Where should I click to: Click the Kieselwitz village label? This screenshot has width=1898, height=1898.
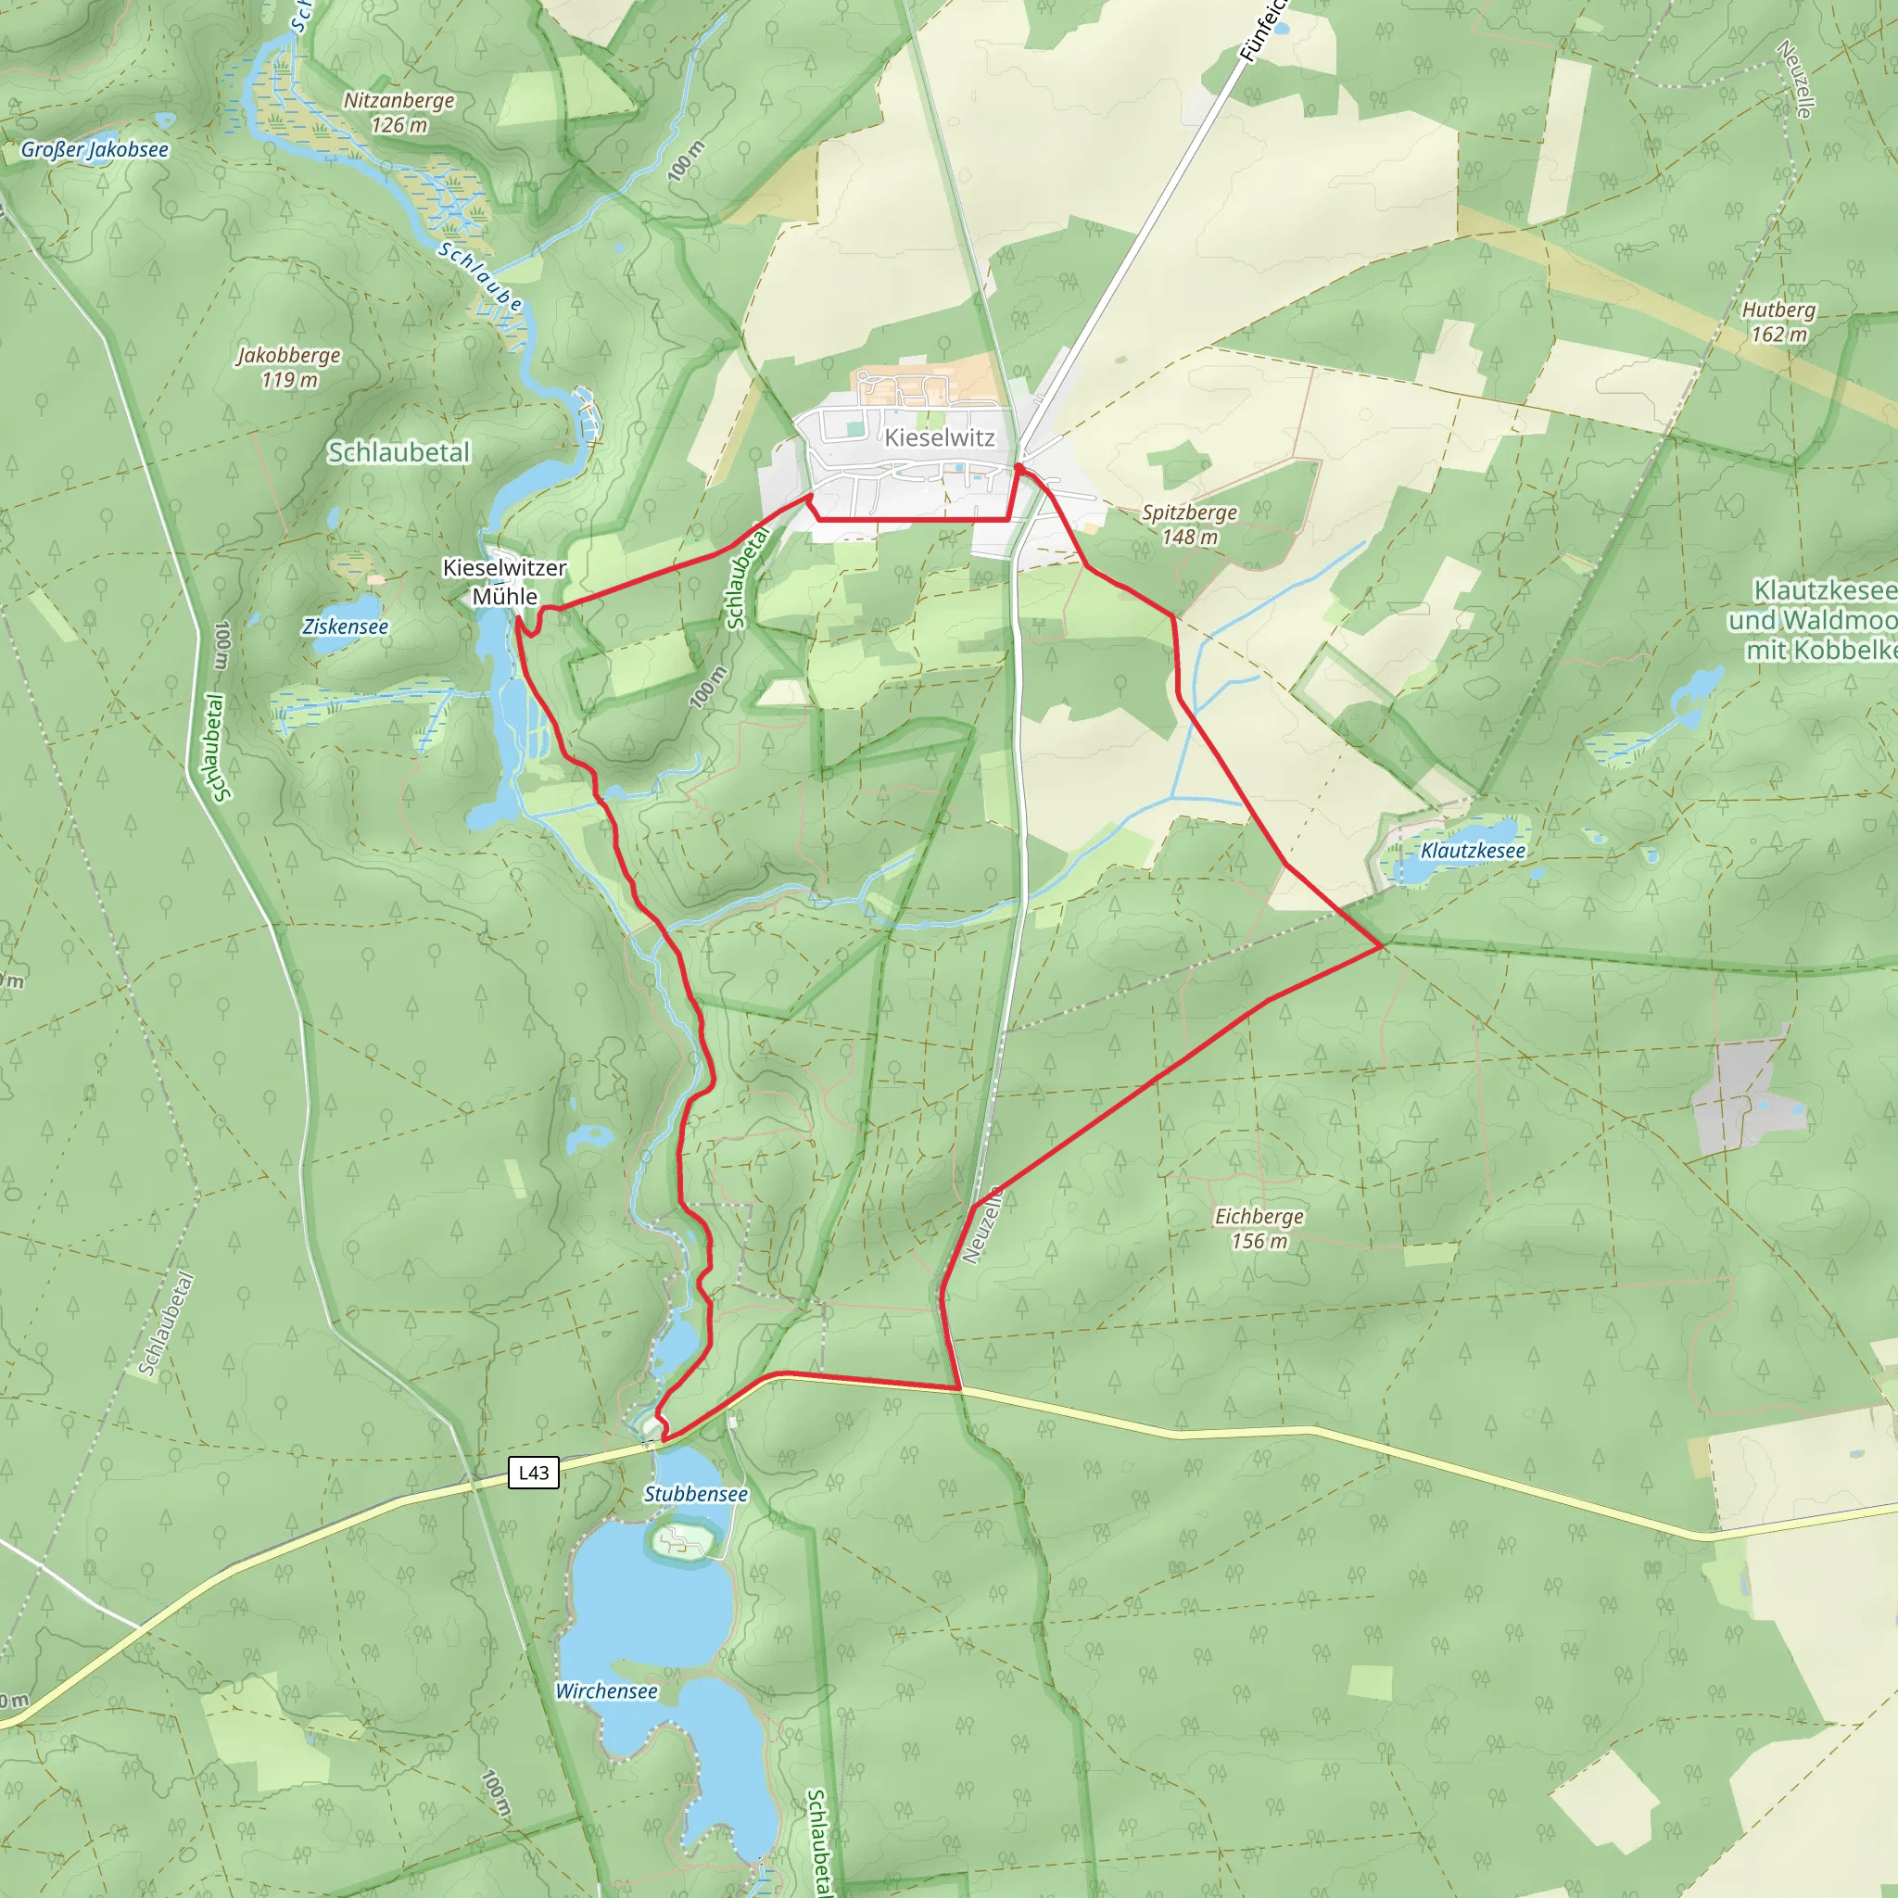tap(939, 438)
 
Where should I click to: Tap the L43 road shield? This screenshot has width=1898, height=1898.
tap(534, 1472)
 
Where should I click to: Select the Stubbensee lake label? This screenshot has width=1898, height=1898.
tap(696, 1494)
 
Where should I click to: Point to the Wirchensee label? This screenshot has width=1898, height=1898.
tap(606, 1690)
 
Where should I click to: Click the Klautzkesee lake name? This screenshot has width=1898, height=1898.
tap(1473, 851)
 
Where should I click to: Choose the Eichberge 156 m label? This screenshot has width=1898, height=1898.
tap(1259, 1228)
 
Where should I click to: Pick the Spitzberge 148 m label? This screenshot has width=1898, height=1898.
tap(1189, 525)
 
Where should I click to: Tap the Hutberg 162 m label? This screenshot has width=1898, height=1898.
tap(1778, 323)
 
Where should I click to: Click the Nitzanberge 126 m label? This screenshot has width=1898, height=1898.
tap(399, 112)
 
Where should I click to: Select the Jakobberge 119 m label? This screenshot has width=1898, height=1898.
tap(289, 366)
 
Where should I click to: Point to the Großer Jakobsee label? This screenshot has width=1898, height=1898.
tap(95, 150)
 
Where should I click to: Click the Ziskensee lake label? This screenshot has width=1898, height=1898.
tap(345, 626)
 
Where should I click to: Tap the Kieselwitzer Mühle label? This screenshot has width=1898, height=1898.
tap(504, 582)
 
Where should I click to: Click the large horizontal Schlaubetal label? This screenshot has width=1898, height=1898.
tap(399, 452)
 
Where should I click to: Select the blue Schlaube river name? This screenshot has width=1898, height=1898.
tap(479, 277)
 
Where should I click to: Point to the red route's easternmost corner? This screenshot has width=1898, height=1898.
tap(1382, 946)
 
